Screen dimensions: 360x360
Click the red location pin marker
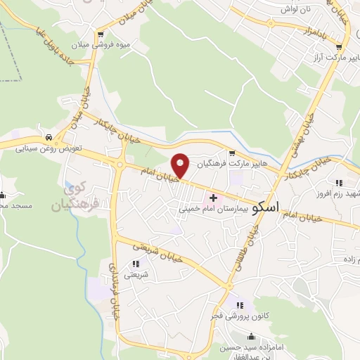click(181, 165)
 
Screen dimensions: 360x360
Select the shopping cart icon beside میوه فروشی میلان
click(103, 34)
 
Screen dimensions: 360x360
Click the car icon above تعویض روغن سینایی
click(48, 138)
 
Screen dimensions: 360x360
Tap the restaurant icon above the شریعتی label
click(134, 264)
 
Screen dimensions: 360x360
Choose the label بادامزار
click(315, 31)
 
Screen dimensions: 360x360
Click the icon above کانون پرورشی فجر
click(239, 305)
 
